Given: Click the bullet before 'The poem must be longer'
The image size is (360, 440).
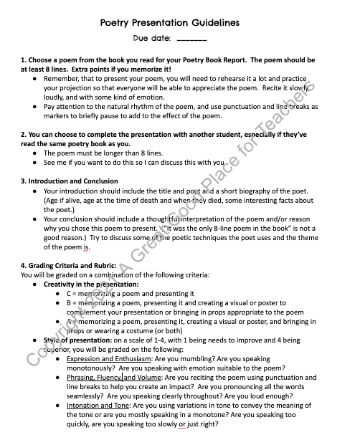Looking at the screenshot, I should point(36,153).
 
